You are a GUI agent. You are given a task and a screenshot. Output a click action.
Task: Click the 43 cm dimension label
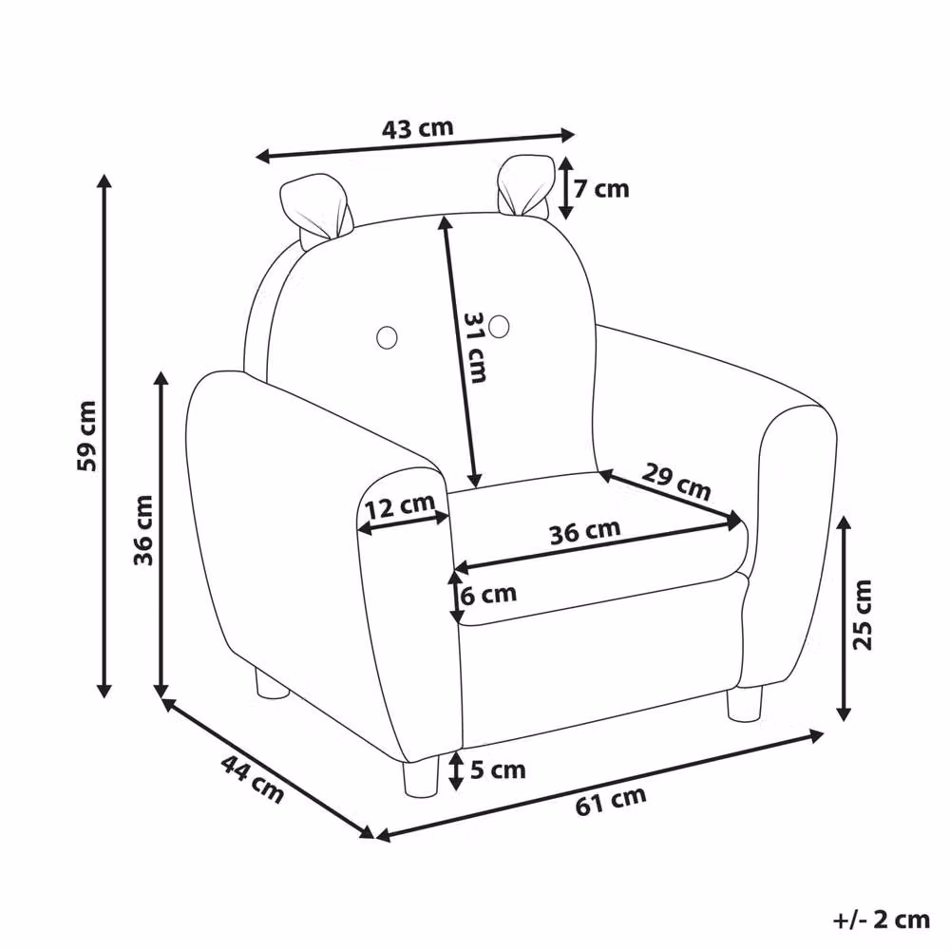point(417,128)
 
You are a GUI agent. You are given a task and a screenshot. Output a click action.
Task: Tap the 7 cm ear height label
point(601,189)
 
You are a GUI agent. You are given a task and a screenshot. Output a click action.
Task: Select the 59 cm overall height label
point(86,436)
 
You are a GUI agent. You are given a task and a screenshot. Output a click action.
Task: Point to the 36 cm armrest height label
point(143,529)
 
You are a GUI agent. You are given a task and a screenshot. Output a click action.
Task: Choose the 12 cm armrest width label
point(400,506)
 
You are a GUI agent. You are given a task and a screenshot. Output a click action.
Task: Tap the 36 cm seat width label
point(585,531)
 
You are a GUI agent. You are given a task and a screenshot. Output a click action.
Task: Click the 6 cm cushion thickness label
point(488,595)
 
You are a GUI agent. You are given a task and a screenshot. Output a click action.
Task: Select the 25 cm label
point(863,615)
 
